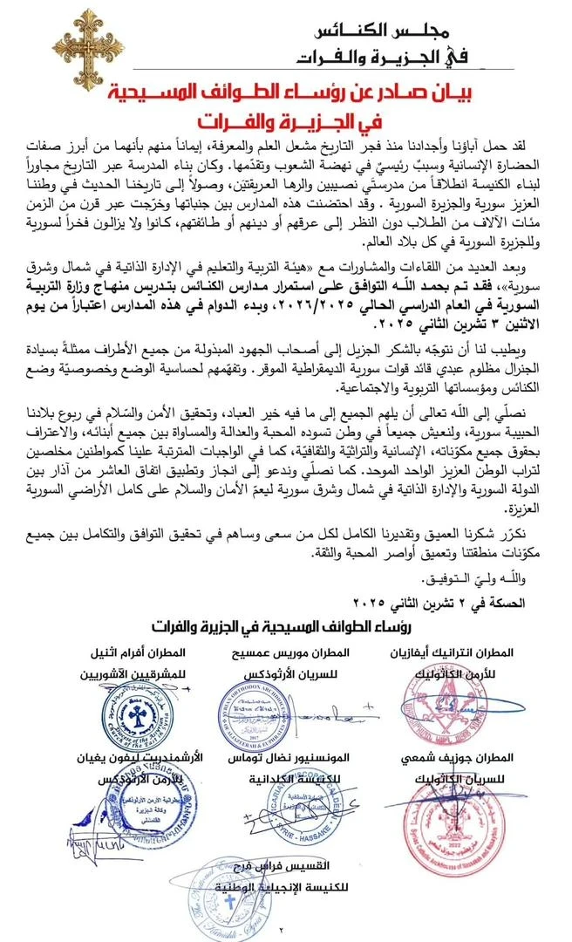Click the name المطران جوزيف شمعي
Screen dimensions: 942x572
[474, 756]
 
